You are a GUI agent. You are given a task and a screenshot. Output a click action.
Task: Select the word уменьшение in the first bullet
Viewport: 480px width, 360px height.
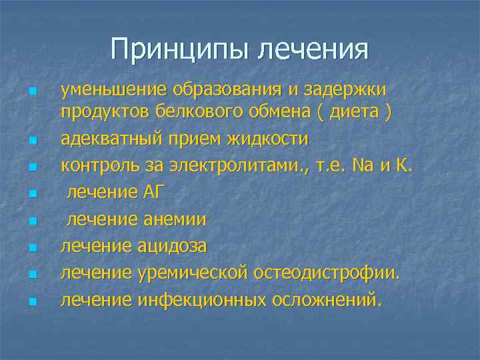click(113, 90)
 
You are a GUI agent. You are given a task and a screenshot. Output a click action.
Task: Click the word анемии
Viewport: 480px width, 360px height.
click(175, 219)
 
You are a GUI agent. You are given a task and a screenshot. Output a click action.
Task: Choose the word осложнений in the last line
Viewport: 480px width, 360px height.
click(327, 301)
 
